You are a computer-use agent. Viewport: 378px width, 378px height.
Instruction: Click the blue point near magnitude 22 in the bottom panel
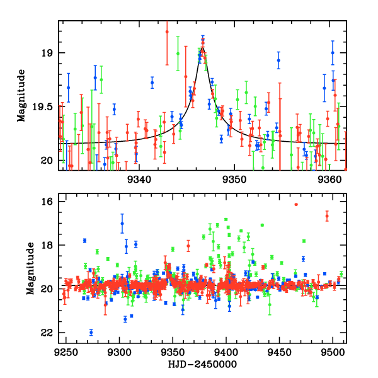(x=91, y=333)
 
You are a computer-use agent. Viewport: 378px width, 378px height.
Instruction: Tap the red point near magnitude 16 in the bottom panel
(x=296, y=204)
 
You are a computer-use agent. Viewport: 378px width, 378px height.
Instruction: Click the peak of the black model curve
(x=202, y=46)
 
